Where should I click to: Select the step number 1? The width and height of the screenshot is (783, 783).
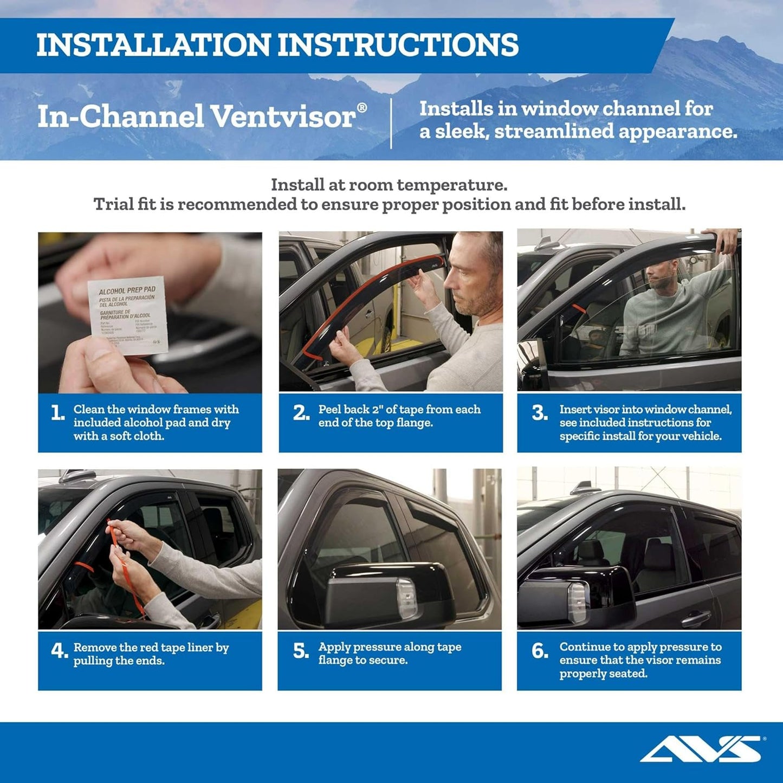click(x=57, y=413)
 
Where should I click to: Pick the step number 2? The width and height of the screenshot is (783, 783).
click(x=301, y=413)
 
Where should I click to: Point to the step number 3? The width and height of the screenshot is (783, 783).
click(x=539, y=413)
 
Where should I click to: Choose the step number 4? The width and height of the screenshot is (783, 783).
click(x=59, y=650)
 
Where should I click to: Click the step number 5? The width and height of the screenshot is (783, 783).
click(x=301, y=651)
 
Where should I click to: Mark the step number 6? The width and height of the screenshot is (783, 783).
click(x=540, y=651)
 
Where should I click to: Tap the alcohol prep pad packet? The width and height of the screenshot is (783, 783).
click(x=128, y=315)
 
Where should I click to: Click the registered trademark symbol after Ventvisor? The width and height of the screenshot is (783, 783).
click(x=362, y=107)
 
